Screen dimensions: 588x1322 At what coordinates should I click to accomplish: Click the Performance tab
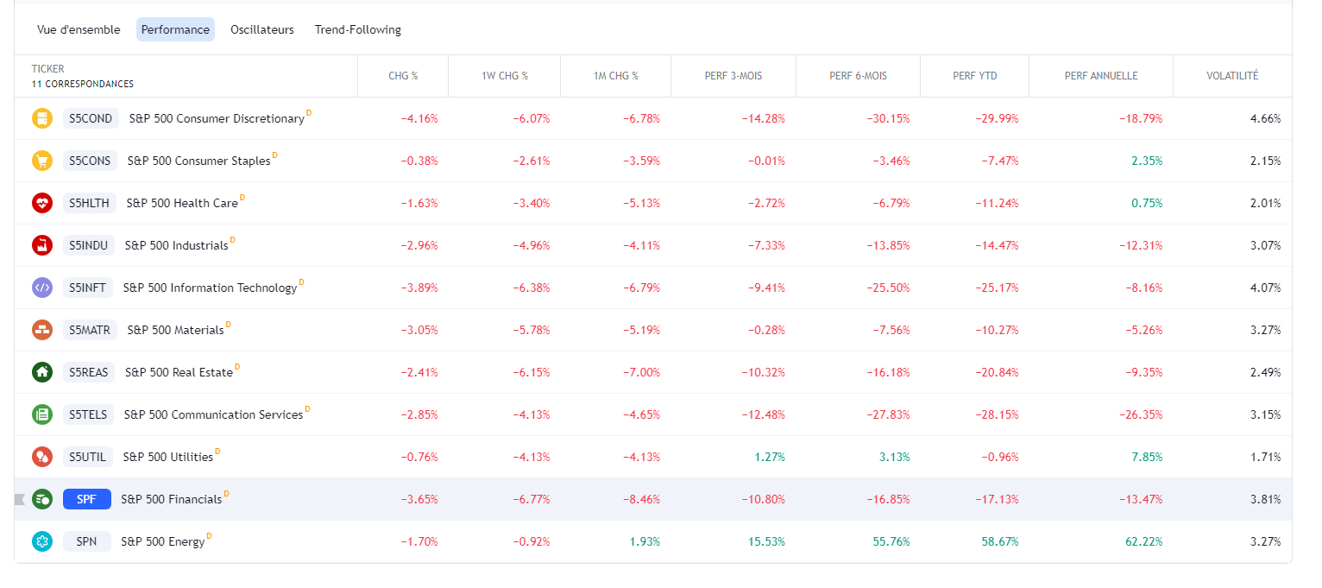pos(175,29)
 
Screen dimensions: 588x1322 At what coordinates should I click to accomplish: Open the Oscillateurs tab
pos(261,29)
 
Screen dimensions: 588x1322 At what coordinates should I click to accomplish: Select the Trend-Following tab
pos(357,29)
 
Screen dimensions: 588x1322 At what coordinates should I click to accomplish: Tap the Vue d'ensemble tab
pos(79,29)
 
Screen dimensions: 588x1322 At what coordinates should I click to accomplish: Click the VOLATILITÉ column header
pos(1231,76)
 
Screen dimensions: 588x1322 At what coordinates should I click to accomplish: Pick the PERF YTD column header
pos(974,76)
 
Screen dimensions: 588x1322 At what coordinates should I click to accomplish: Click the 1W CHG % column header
pos(504,76)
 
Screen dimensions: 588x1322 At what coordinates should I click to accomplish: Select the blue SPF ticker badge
pos(86,499)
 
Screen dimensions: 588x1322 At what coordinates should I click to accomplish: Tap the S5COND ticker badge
pos(91,118)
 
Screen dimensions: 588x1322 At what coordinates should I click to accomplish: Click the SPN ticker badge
pos(86,541)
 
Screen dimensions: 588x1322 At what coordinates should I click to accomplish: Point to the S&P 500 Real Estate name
pos(179,372)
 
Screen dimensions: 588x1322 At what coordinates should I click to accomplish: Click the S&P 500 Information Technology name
pos(210,288)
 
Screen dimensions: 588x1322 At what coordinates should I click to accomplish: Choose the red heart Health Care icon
pos(42,203)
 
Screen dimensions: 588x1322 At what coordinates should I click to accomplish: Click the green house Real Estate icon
pos(42,372)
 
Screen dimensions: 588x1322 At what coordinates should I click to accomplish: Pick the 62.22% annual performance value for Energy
pos(1143,541)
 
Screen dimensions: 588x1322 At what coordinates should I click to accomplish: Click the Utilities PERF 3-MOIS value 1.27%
pos(770,457)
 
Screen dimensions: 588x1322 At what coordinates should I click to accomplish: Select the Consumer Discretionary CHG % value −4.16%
pos(419,118)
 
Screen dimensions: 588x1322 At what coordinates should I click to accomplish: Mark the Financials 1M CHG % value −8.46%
pos(641,499)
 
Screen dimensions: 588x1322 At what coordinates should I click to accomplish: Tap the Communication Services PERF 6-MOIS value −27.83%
pos(888,414)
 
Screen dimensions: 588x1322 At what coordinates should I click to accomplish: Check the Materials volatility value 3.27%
pos(1265,330)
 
